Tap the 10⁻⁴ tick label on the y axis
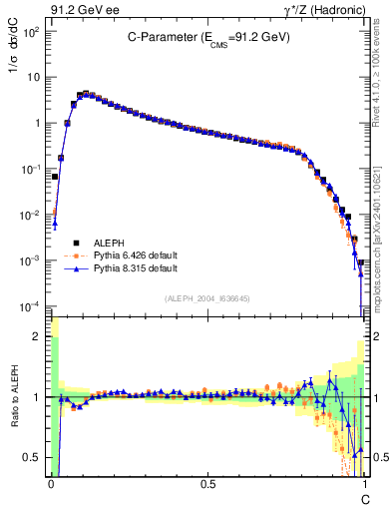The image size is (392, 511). [31, 306]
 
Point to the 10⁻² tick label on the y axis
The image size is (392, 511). [31, 215]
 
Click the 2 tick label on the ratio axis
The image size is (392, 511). [37, 337]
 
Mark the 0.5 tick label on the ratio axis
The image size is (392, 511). [33, 458]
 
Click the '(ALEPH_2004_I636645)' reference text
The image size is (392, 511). [207, 298]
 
